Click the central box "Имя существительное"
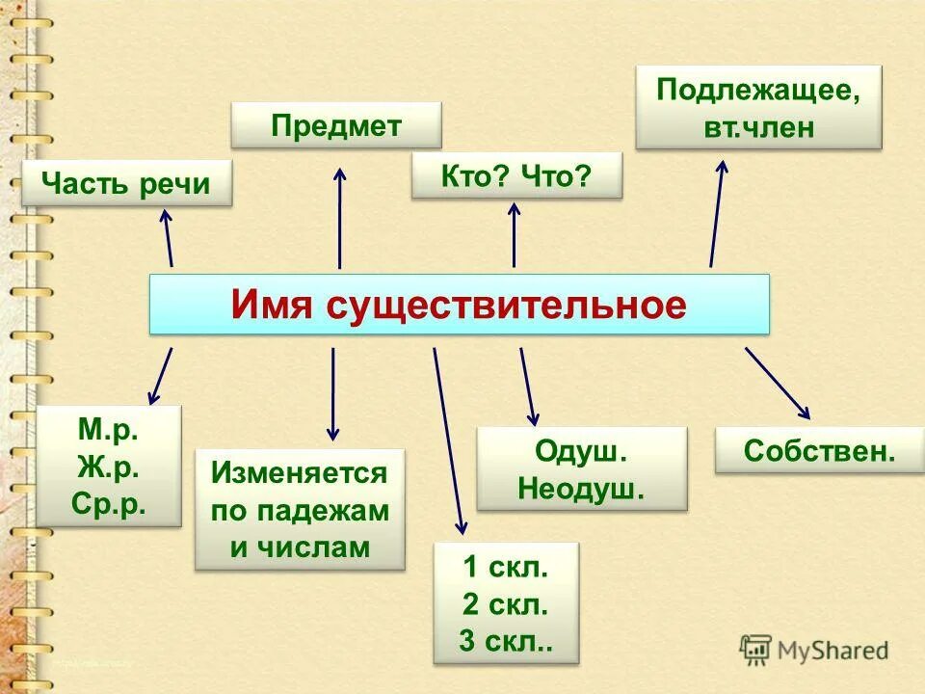point(459,305)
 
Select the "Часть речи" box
point(127,183)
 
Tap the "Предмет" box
point(336,125)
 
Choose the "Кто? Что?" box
point(516,176)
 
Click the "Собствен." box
point(820,450)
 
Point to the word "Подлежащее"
point(757,92)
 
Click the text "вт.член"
point(759,127)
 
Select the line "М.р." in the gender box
point(109,430)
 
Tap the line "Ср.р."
point(109,503)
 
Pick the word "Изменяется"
point(300,473)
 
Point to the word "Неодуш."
point(581,488)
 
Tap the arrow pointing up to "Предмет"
point(339,217)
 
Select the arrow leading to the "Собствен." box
point(778,383)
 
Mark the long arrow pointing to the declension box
point(448,440)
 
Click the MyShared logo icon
point(756,649)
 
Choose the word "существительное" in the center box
point(506,306)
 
